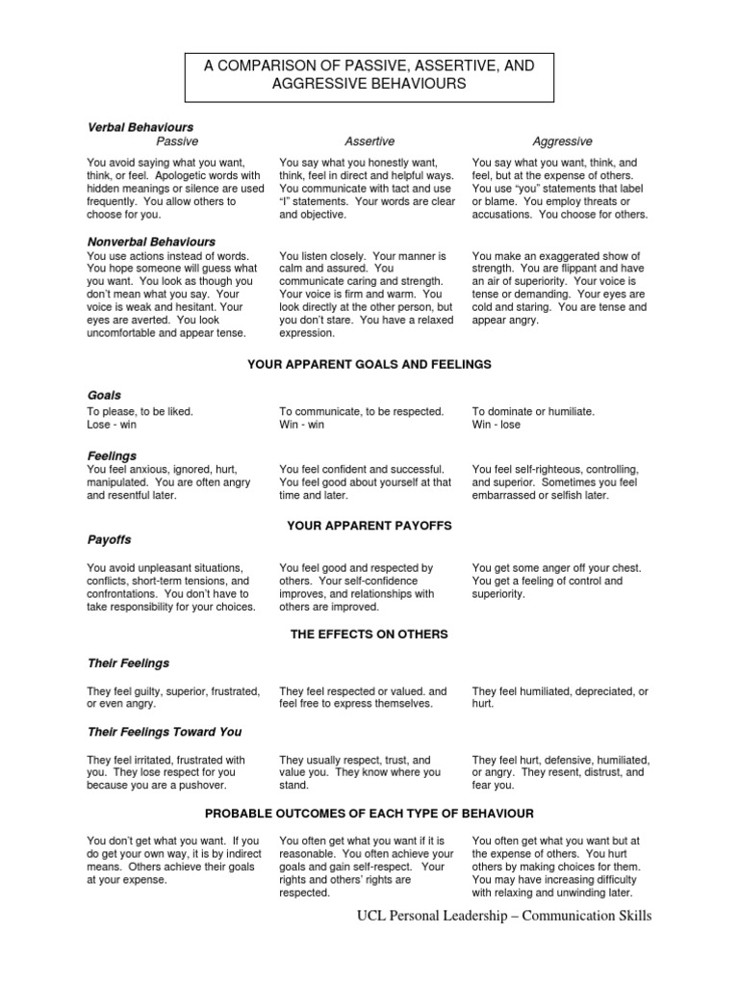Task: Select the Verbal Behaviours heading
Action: (140, 127)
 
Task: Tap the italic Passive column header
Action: (177, 142)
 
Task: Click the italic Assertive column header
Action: (369, 142)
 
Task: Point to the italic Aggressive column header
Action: (562, 142)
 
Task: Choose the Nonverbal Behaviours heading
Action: (151, 242)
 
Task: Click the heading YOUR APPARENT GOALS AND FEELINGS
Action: (369, 365)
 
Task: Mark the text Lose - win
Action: (113, 425)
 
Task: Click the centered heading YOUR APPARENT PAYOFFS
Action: (369, 526)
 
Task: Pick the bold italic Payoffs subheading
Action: (109, 540)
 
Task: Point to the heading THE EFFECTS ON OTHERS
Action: (369, 635)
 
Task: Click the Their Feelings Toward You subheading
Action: (165, 732)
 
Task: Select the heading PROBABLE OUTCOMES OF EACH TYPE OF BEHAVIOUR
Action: (369, 814)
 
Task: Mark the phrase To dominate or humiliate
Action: (533, 411)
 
